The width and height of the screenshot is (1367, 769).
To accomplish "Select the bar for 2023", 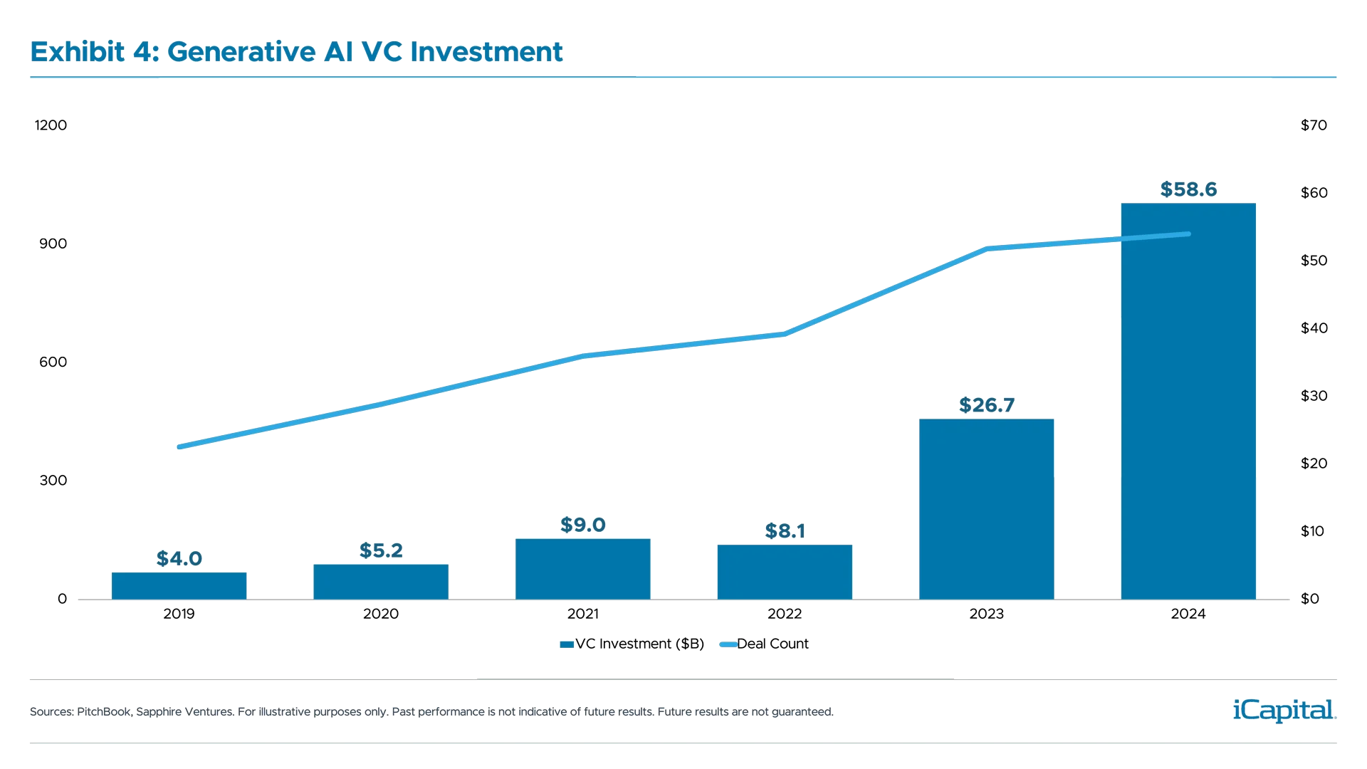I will pyautogui.click(x=985, y=508).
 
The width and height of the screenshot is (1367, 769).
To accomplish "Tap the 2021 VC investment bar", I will pyautogui.click(x=582, y=569).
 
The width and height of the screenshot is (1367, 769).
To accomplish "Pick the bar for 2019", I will pyautogui.click(x=178, y=585).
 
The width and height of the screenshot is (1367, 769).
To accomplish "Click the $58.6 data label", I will pyautogui.click(x=1188, y=189).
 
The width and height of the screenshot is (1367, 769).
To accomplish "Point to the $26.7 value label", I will pyautogui.click(x=986, y=405).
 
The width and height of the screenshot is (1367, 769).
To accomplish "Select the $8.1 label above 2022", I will pyautogui.click(x=785, y=531).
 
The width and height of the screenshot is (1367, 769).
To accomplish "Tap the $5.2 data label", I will pyautogui.click(x=381, y=550).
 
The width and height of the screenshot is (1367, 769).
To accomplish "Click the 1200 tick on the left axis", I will pyautogui.click(x=51, y=125).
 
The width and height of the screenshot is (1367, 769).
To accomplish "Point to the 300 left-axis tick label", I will pyautogui.click(x=53, y=481).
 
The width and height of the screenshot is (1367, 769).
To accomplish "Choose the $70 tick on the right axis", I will pyautogui.click(x=1313, y=125).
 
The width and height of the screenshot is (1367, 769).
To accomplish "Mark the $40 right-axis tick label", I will pyautogui.click(x=1313, y=328).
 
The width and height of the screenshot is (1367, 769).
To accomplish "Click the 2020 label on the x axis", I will pyautogui.click(x=381, y=614).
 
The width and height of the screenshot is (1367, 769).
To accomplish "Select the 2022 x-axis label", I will pyautogui.click(x=785, y=614).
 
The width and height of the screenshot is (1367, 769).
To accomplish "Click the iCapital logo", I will pyautogui.click(x=1282, y=710).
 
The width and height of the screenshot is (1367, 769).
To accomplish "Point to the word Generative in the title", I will pyautogui.click(x=259, y=52).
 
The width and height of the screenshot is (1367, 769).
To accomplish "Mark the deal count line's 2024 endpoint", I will pyautogui.click(x=1188, y=234).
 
